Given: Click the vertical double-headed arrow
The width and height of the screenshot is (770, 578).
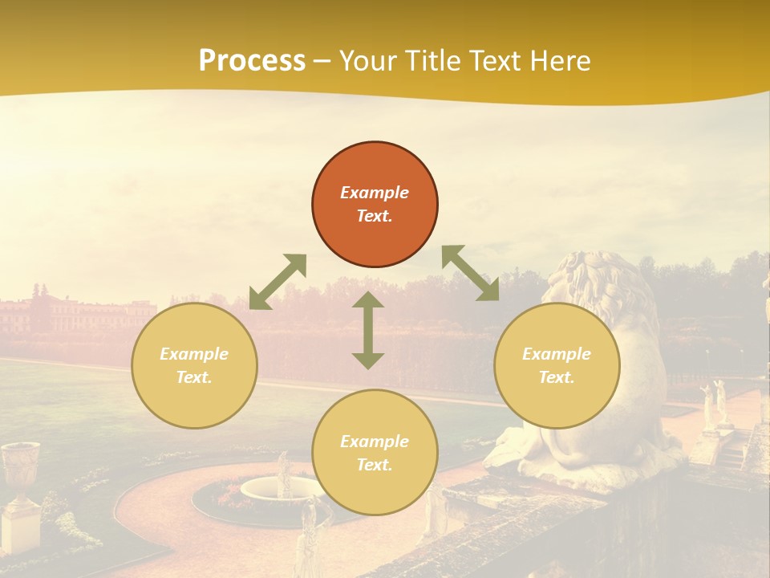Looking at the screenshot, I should tap(368, 331).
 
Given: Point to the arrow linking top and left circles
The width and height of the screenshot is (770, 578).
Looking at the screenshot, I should tap(278, 281).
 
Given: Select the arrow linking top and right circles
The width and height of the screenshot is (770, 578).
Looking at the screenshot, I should tap(470, 273).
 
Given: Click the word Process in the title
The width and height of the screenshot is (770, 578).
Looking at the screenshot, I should tap(252, 60).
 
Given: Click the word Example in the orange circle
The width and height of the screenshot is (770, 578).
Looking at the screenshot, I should tap(375, 193).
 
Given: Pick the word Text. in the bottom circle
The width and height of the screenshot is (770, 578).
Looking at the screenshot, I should tap(375, 465).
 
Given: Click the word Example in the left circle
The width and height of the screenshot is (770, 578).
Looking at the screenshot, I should tap(194, 354).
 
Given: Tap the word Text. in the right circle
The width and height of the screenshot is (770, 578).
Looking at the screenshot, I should tap(557, 377).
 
